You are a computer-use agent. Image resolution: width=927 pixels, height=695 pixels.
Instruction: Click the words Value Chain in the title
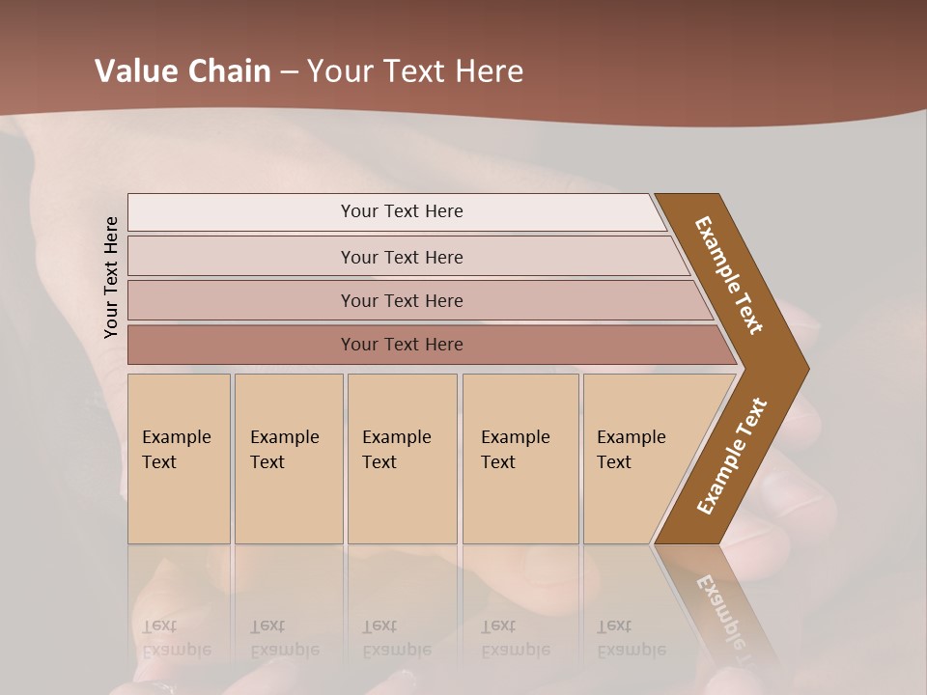click(183, 71)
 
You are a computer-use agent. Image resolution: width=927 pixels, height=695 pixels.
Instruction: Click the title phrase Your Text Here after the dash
click(415, 71)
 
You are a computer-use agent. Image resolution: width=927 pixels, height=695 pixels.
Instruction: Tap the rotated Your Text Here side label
click(111, 277)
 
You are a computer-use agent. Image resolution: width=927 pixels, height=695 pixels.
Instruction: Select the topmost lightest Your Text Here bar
click(401, 211)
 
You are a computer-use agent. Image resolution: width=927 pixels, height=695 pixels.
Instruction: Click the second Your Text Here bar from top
click(401, 257)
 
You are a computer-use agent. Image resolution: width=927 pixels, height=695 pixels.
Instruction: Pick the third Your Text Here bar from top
click(401, 300)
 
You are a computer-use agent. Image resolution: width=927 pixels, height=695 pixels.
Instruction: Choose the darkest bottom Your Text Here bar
click(401, 345)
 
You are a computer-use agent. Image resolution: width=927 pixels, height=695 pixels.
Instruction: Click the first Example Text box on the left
click(179, 459)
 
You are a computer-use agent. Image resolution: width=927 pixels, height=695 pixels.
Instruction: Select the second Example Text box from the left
click(288, 459)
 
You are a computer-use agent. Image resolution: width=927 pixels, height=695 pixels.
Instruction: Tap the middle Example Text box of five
click(402, 459)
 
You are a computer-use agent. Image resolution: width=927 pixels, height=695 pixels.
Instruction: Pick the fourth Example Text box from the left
click(520, 459)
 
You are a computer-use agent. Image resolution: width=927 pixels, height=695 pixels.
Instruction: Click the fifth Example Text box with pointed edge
click(637, 459)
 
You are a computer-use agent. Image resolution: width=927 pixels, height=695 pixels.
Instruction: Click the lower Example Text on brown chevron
click(732, 456)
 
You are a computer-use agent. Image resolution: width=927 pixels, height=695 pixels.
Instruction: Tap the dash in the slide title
click(289, 71)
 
